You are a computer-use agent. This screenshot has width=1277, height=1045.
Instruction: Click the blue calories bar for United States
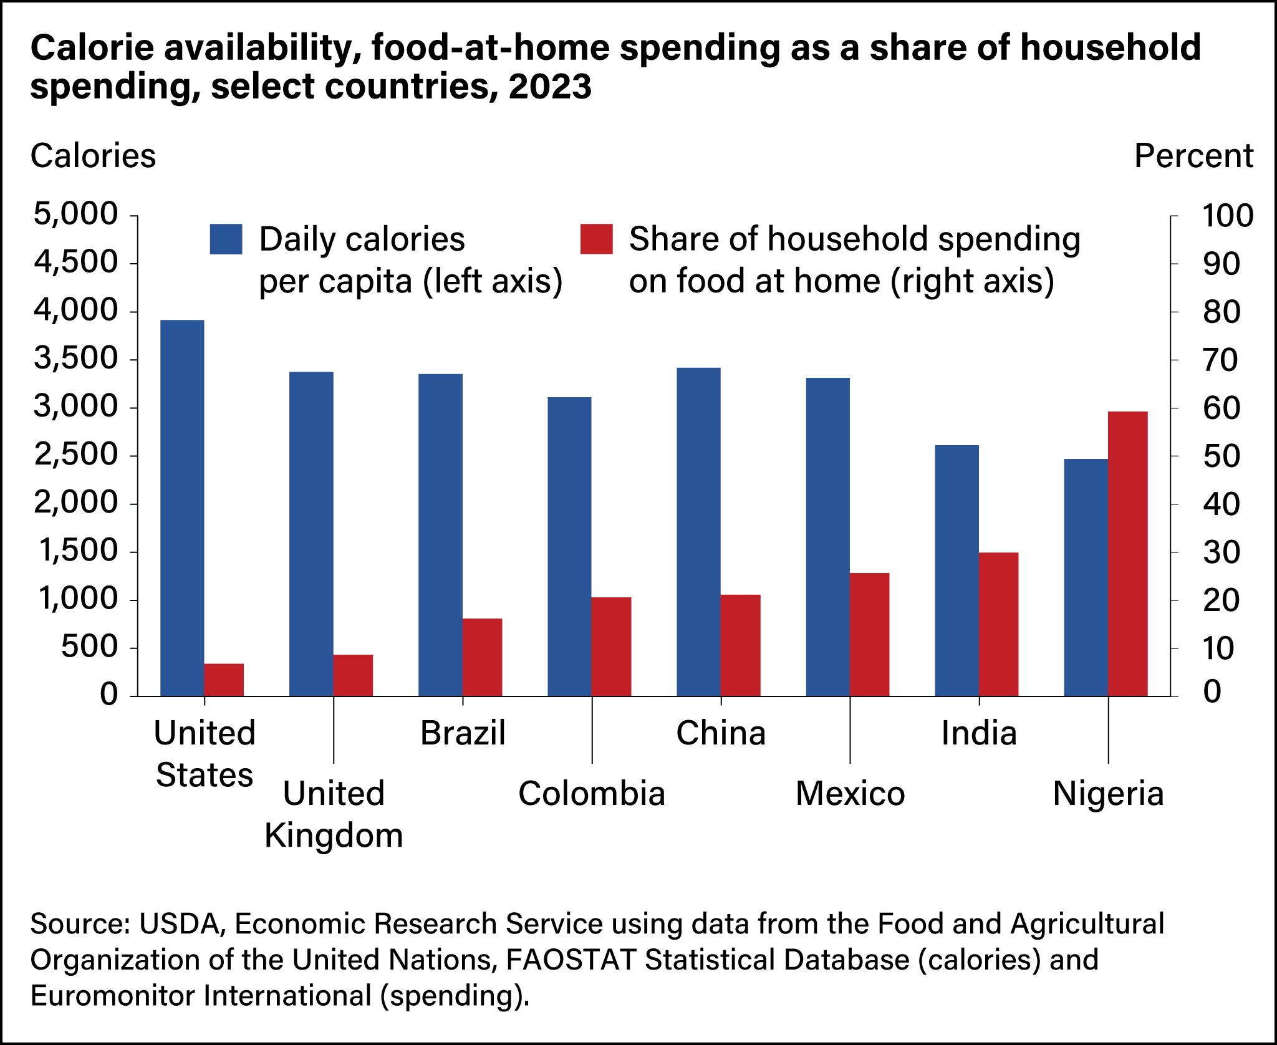click(x=182, y=508)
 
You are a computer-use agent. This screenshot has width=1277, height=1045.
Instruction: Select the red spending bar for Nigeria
click(x=1127, y=554)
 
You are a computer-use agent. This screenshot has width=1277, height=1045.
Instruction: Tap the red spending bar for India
click(x=998, y=624)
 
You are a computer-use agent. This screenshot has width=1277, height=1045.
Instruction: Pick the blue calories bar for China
click(x=698, y=532)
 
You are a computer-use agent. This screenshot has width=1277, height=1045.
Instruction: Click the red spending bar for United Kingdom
click(x=353, y=675)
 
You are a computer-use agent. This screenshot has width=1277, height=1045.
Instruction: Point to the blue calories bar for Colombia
click(x=569, y=546)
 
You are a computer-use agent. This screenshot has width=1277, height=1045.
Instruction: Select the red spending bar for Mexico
click(x=869, y=634)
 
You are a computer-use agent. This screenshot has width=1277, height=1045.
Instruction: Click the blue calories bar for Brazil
click(x=440, y=535)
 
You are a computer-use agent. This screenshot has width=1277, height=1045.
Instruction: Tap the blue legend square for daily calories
click(x=226, y=239)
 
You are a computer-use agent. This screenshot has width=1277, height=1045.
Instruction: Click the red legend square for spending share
click(x=596, y=239)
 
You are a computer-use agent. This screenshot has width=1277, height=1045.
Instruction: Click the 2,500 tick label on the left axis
click(x=75, y=455)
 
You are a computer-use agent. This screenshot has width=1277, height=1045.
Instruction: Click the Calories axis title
click(x=93, y=156)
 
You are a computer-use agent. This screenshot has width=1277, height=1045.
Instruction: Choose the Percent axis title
click(x=1193, y=156)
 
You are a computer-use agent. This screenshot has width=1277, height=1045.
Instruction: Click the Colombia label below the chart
click(x=591, y=794)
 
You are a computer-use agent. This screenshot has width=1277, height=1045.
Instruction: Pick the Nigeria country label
click(x=1108, y=794)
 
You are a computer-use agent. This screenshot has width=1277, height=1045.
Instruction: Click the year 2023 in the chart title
click(x=549, y=86)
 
